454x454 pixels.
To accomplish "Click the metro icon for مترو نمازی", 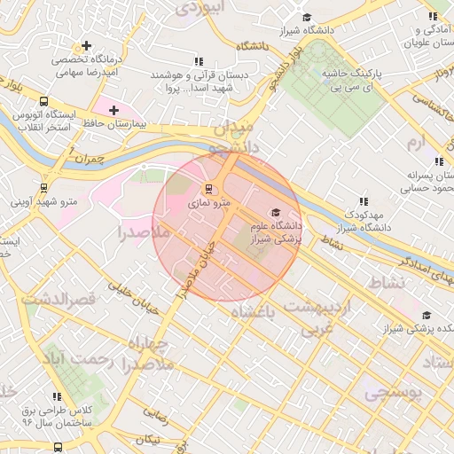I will (209, 188).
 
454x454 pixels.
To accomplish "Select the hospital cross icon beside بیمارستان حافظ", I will (113, 110).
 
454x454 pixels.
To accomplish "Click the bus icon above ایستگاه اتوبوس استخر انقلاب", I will (44, 100).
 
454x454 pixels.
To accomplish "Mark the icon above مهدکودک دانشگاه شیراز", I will (362, 201).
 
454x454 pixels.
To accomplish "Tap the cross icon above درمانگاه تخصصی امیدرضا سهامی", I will (86, 45).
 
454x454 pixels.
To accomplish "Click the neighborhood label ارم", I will (415, 142).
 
